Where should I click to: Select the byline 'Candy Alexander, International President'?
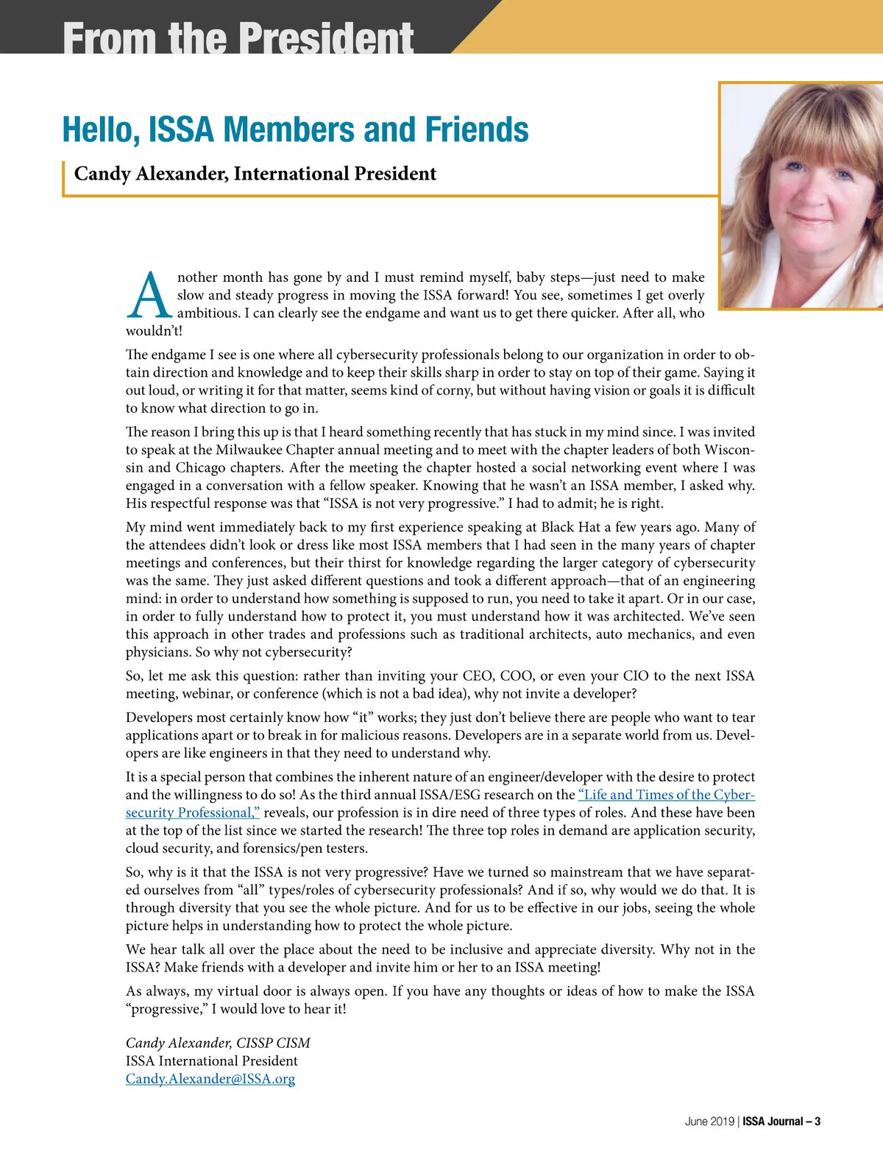[x=255, y=174]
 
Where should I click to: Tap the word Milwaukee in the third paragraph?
[x=249, y=450]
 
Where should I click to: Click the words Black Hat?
[x=570, y=527]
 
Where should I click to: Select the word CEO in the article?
[x=478, y=676]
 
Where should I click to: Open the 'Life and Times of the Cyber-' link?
[x=667, y=795]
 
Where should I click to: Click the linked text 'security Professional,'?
[x=193, y=812]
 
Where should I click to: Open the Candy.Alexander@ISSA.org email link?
[x=210, y=1079]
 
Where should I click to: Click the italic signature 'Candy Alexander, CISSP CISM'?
[x=218, y=1043]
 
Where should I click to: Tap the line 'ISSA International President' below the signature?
[x=212, y=1060]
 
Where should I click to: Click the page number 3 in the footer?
[x=818, y=1122]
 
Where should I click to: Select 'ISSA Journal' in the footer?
[x=773, y=1122]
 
